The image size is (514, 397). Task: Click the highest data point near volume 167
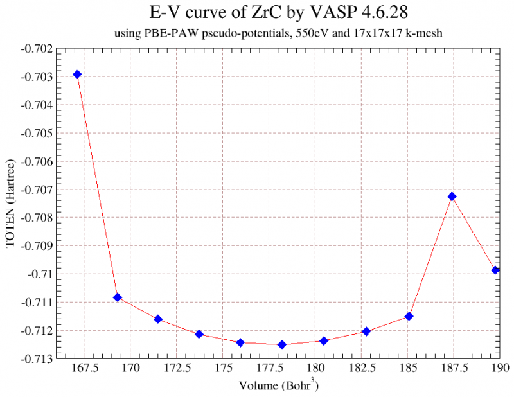pyautogui.click(x=77, y=75)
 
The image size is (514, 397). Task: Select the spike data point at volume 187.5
pyautogui.click(x=452, y=197)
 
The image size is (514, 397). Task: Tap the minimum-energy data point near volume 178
pyautogui.click(x=281, y=345)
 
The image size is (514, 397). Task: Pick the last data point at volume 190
pyautogui.click(x=495, y=270)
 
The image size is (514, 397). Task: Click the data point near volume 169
pyautogui.click(x=118, y=297)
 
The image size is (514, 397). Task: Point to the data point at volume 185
pyautogui.click(x=409, y=317)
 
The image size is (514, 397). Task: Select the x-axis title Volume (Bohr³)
pyautogui.click(x=278, y=385)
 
